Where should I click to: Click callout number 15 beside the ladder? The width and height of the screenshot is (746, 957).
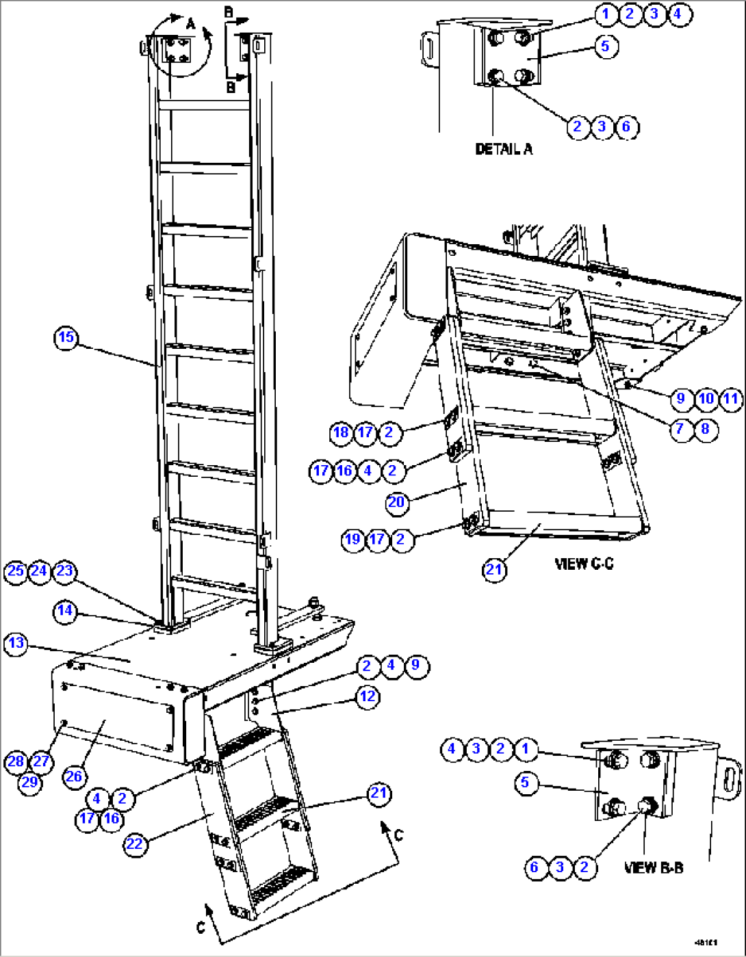[66, 338]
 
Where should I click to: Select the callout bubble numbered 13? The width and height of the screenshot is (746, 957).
[16, 644]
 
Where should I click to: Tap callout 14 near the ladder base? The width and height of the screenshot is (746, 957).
[65, 611]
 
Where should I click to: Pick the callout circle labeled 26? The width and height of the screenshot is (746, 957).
[73, 776]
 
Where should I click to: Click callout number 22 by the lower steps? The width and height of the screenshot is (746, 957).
[134, 844]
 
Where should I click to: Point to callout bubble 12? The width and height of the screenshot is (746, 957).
[368, 696]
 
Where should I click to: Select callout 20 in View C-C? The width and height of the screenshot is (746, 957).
[397, 503]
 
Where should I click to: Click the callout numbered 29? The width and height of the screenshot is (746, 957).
[29, 781]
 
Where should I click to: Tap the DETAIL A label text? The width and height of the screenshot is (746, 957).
[504, 149]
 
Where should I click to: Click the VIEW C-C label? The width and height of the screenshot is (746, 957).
[584, 564]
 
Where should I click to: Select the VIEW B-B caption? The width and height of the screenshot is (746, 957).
[654, 868]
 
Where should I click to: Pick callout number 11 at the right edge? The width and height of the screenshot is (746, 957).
[731, 399]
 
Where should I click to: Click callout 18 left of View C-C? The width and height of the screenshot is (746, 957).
[341, 432]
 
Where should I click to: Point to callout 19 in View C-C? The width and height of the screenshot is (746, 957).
[352, 539]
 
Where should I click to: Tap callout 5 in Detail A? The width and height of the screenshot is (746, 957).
[606, 46]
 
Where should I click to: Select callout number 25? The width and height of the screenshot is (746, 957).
[16, 571]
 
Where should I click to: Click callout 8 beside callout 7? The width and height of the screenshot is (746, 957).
[706, 430]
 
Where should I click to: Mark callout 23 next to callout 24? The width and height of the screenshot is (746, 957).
[64, 571]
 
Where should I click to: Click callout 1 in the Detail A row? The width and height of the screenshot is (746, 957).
[605, 14]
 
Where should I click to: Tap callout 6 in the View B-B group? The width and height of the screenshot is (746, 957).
[535, 867]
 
